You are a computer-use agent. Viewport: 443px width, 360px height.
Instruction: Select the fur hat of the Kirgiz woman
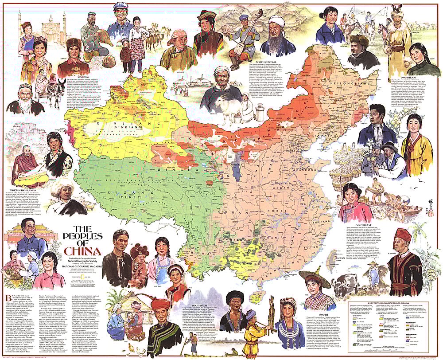pos(74,43)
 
